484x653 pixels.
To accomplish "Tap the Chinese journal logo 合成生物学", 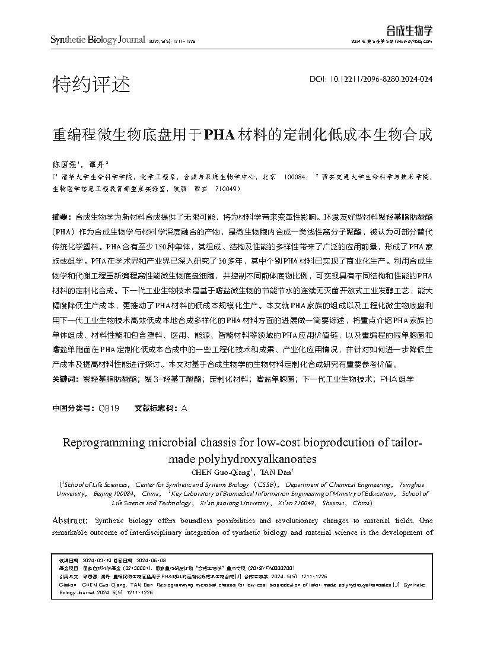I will coord(409,30).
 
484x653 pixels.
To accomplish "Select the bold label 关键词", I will coord(62,378).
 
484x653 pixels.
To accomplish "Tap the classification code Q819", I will coord(109,408).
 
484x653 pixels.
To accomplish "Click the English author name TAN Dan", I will coord(275,473).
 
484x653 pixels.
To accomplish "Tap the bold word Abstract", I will coord(71,520).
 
